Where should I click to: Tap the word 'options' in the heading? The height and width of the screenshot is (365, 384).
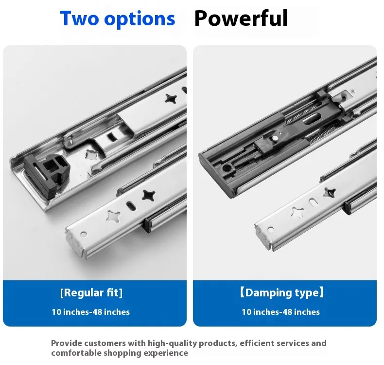(x=140, y=19)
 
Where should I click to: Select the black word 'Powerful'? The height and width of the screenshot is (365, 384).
(x=241, y=18)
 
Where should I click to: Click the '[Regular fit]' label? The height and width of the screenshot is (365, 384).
(x=91, y=293)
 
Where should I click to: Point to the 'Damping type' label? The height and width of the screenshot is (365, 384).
(x=281, y=292)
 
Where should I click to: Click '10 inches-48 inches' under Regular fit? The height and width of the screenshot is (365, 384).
(x=90, y=312)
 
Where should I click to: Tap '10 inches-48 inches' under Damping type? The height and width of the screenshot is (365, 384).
(x=280, y=312)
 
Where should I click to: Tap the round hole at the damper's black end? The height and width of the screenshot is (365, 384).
(x=227, y=168)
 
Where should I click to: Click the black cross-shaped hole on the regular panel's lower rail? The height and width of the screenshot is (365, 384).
(x=149, y=195)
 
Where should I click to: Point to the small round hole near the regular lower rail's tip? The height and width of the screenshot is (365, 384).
(x=84, y=235)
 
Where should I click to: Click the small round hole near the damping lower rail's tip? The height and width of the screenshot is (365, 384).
(x=271, y=230)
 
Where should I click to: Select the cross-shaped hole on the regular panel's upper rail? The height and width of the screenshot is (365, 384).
(x=171, y=99)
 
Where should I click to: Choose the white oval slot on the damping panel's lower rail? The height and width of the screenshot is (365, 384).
(x=313, y=202)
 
